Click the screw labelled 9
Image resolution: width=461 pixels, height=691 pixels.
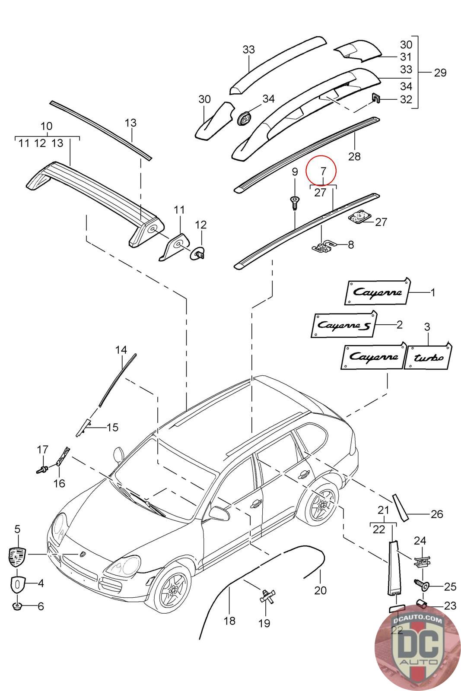[294, 202]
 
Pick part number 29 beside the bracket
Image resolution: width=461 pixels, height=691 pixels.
[440, 72]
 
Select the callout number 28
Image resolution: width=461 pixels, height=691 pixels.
[354, 156]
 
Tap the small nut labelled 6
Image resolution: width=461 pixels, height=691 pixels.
[18, 606]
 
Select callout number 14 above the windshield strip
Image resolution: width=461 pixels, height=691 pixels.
[121, 349]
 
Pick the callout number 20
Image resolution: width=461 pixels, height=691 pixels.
[320, 590]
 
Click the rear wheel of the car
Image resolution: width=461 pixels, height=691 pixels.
[321, 504]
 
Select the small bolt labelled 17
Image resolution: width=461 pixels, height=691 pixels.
[42, 468]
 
